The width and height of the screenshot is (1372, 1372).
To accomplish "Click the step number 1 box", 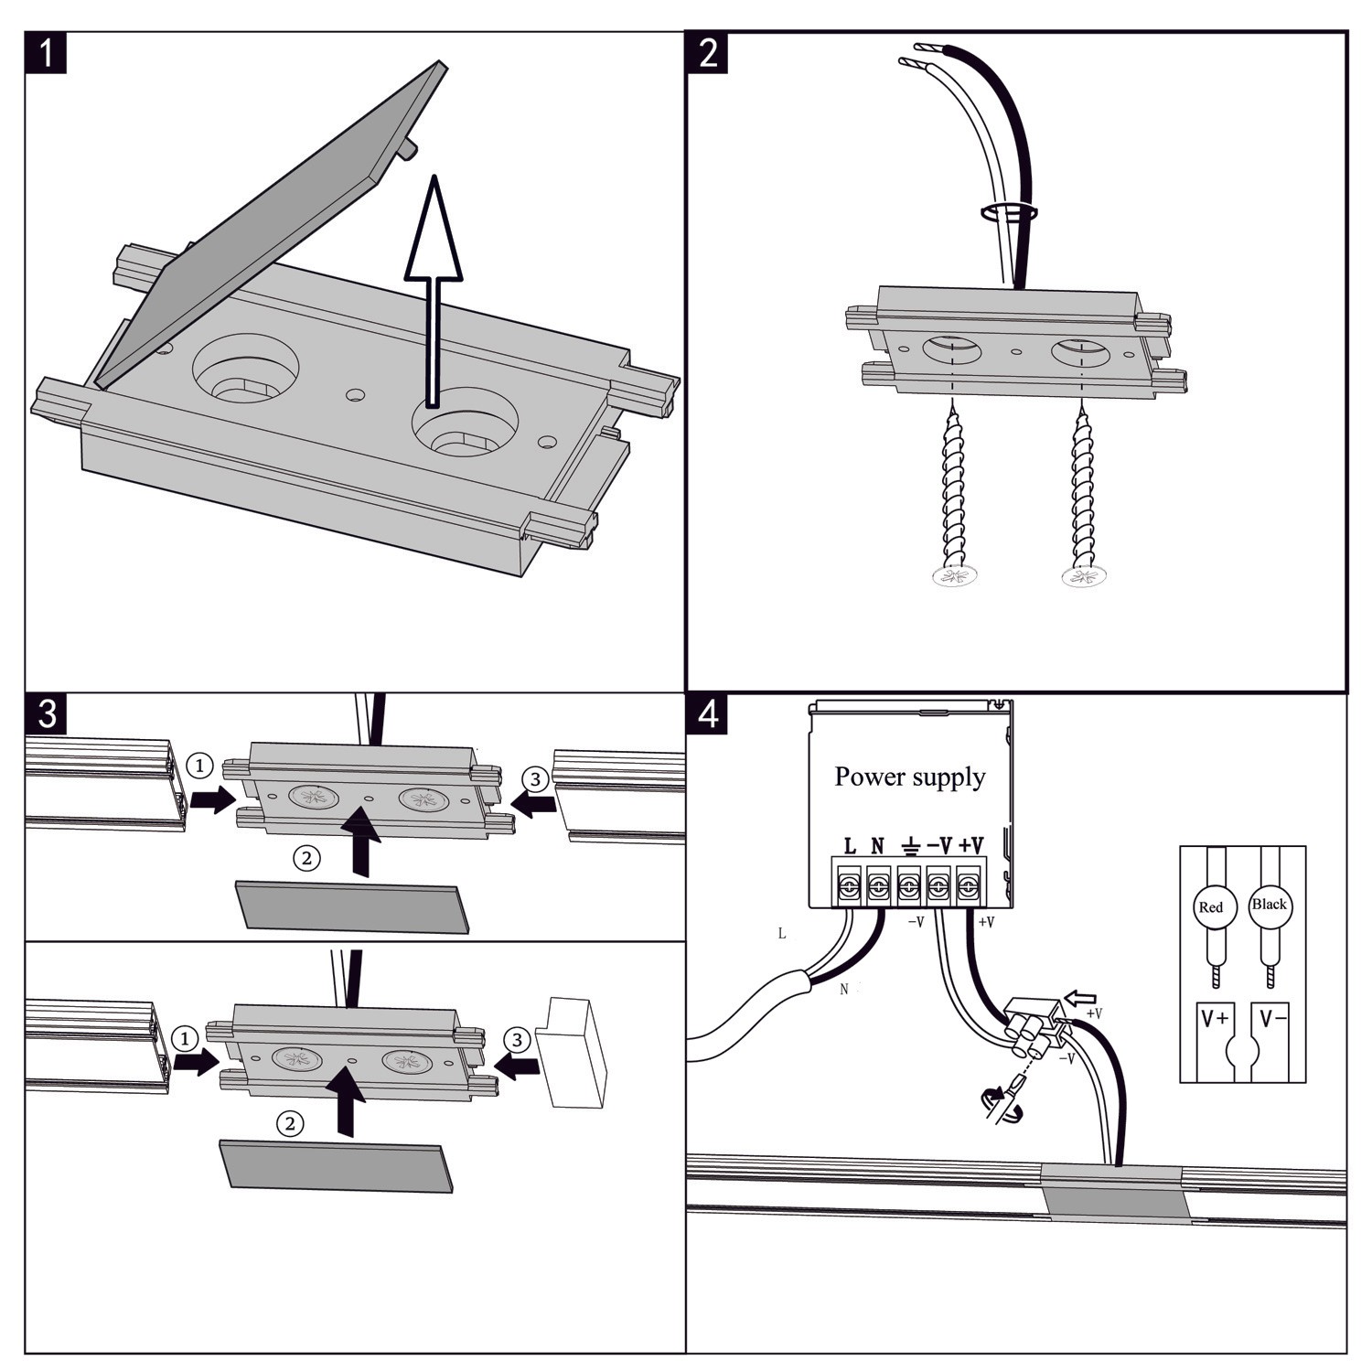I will tap(46, 53).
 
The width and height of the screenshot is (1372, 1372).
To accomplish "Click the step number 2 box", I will tap(707, 53).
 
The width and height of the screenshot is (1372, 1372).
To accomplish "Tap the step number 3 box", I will tap(46, 713).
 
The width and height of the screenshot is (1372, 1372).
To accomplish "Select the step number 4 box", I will tap(707, 713).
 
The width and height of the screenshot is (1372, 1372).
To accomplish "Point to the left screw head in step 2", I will tap(954, 576).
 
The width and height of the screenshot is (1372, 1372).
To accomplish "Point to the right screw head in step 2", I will tap(1084, 576).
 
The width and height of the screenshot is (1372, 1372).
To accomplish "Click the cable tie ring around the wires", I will tap(1009, 212).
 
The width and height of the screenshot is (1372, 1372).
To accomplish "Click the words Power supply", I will tap(909, 777).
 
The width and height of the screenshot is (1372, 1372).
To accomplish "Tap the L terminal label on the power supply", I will tap(849, 846).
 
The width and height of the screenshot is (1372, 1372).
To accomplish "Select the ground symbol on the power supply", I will tap(909, 846).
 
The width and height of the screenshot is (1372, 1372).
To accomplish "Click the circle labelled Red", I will tap(1210, 907).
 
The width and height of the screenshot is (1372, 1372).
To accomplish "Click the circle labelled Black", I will tap(1269, 905).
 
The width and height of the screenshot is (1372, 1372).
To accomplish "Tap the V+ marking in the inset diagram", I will tap(1215, 1018).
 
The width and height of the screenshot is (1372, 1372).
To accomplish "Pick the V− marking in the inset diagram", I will tap(1272, 1018).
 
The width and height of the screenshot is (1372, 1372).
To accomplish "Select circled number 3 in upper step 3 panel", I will tap(535, 779).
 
